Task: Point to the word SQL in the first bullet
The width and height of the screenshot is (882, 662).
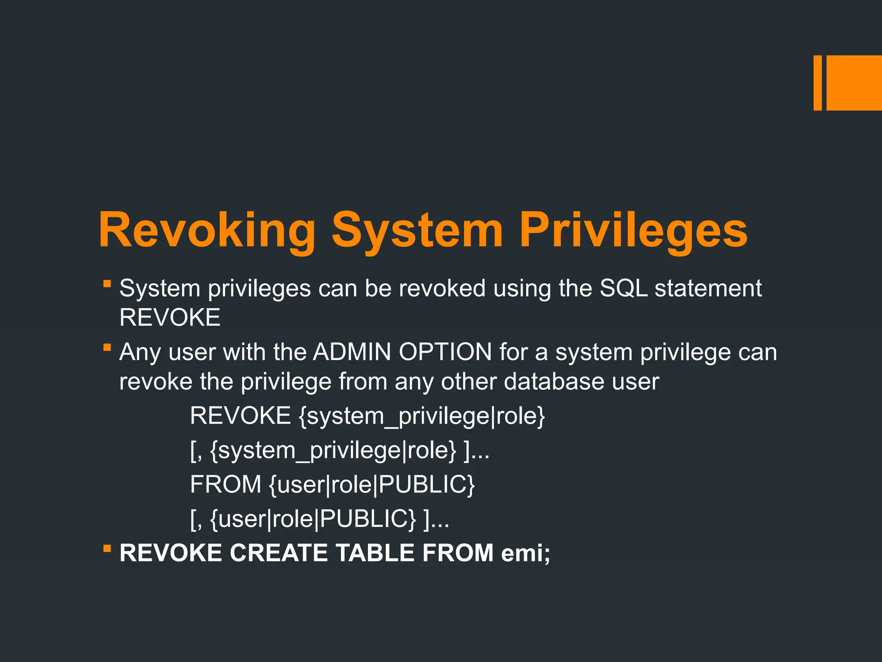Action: [x=624, y=288]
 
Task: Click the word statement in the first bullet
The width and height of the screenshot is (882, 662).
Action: [x=708, y=288]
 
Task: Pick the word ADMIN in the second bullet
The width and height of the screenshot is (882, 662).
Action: [x=352, y=352]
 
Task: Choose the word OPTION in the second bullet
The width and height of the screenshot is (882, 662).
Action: [x=445, y=352]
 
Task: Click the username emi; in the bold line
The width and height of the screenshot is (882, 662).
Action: [x=525, y=553]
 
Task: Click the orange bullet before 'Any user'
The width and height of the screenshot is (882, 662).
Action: [x=107, y=347]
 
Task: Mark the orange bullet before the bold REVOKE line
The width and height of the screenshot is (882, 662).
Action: [x=107, y=548]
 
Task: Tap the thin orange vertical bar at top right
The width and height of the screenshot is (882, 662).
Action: [x=817, y=83]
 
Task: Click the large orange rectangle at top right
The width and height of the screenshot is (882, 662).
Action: [x=854, y=83]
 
